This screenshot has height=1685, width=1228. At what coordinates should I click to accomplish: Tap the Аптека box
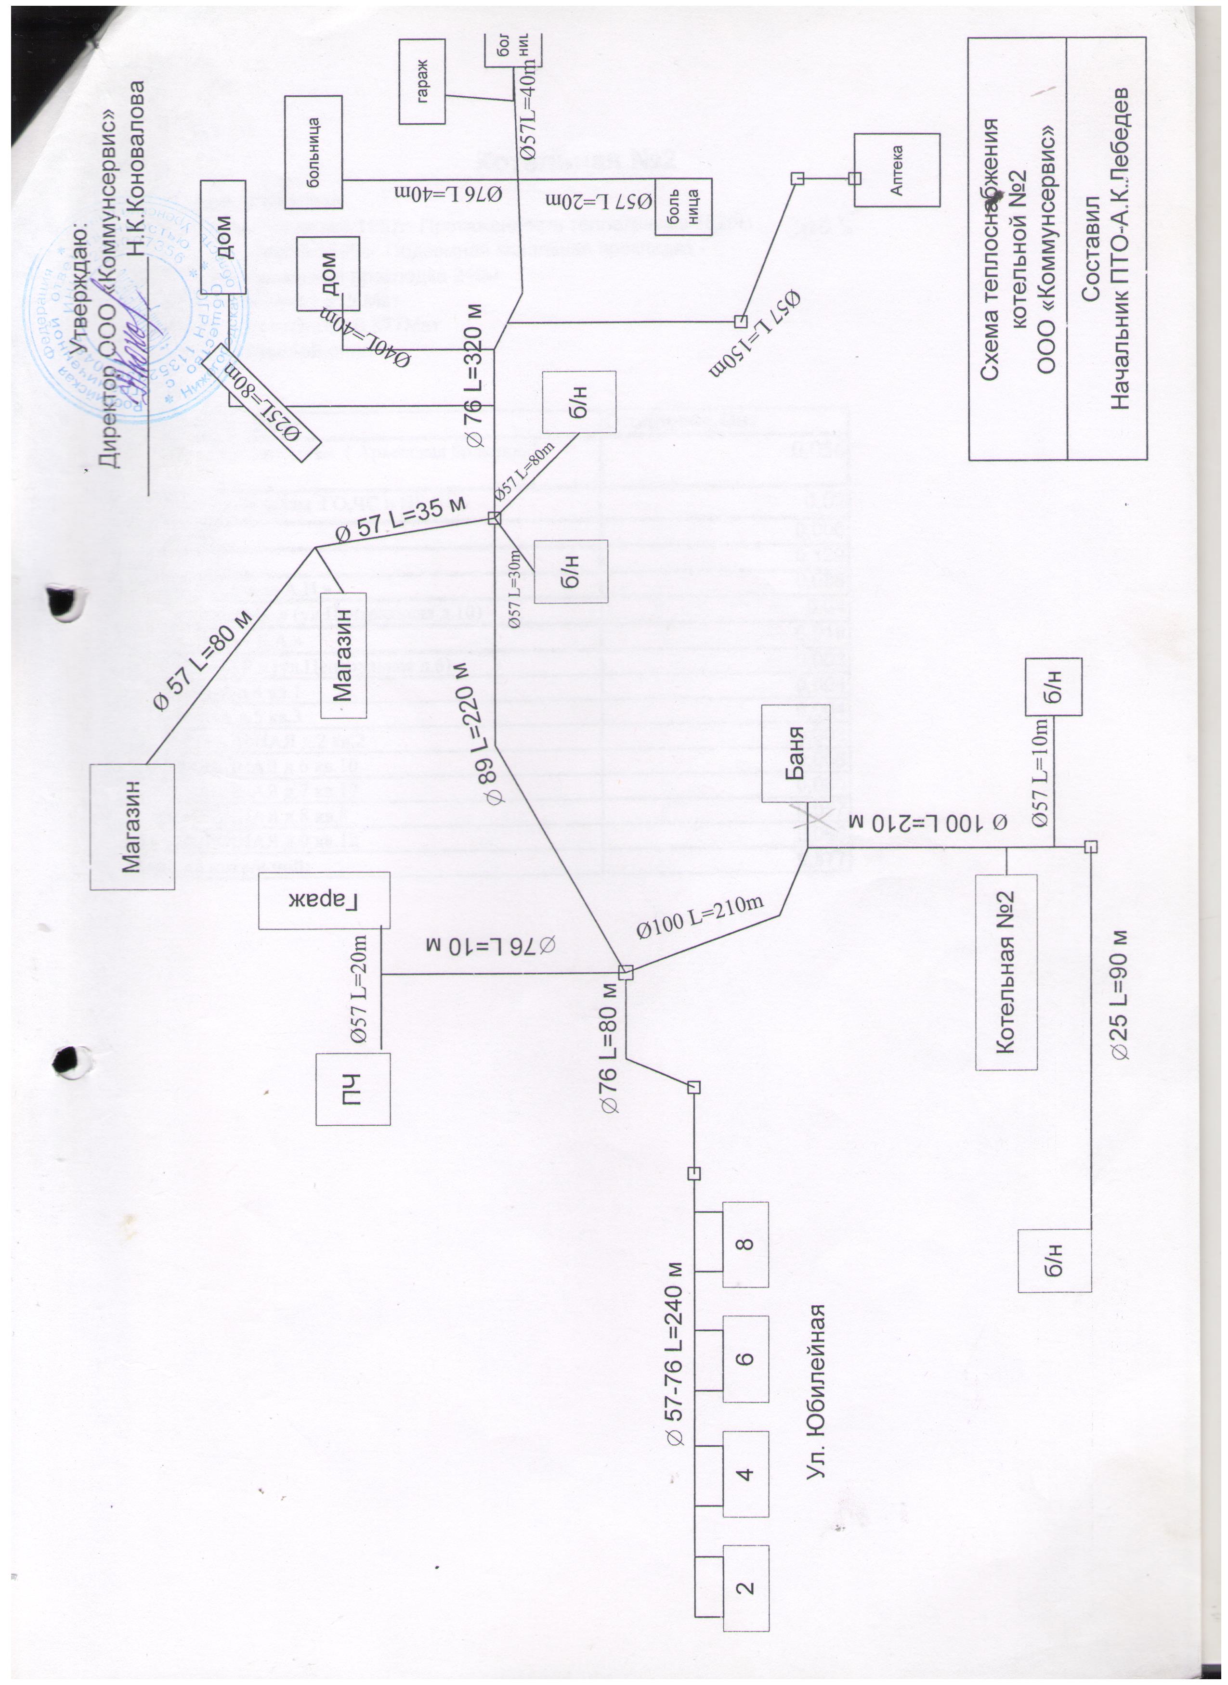coord(897,170)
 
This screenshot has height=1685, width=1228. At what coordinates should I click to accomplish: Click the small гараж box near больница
coord(422,82)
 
